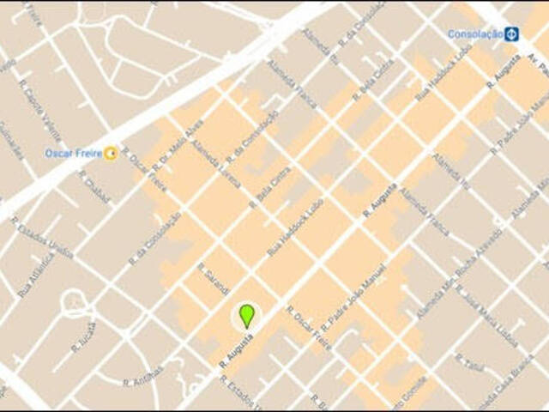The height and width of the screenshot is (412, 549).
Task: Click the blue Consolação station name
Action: tap(475, 34)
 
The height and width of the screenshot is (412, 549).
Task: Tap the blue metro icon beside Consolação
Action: tap(512, 34)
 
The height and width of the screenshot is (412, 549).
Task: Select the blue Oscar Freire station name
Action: tap(73, 154)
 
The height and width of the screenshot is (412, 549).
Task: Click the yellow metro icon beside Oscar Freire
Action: tap(111, 154)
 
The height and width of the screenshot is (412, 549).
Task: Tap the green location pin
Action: tap(247, 315)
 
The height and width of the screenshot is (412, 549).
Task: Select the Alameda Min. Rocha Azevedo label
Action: tap(459, 275)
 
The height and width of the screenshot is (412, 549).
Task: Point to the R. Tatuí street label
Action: tap(471, 360)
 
